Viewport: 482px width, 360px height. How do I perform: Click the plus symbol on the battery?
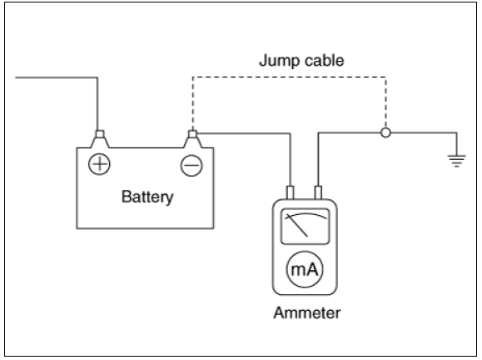pos(99,164)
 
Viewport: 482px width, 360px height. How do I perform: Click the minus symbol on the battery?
pos(191,165)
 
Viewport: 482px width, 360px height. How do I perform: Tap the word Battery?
pos(147,197)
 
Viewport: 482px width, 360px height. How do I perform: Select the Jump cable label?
pos(301,60)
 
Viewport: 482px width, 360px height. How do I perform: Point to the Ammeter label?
pos(307,313)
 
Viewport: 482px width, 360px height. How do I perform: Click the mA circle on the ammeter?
pos(305,269)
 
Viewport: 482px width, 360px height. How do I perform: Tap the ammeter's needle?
pos(297,225)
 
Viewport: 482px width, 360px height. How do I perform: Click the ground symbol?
pos(457,161)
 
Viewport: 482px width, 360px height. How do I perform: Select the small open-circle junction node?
pos(385,132)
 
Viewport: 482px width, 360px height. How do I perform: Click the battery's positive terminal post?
pos(100,139)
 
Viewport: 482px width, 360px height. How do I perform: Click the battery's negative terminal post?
pos(193,139)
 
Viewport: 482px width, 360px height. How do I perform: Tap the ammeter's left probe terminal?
pos(290,192)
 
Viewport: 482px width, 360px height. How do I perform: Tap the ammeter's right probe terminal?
pos(319,192)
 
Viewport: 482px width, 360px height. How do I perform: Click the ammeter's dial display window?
pos(306,227)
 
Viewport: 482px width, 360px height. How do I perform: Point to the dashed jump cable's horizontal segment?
pos(289,77)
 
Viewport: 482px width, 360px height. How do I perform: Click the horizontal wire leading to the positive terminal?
pos(57,77)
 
